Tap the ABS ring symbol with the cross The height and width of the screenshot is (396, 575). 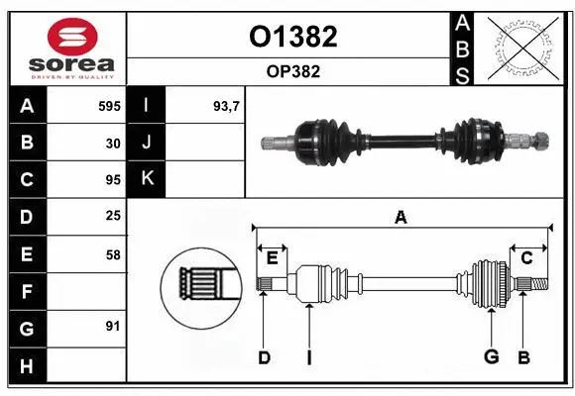point(518,48)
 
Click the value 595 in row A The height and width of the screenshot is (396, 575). point(109,106)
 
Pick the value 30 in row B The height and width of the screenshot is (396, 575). point(113,143)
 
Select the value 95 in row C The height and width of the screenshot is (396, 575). point(113,180)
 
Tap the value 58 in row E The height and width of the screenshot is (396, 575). point(113,254)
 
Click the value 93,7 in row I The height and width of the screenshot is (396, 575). point(227,106)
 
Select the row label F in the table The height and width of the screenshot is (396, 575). point(27,292)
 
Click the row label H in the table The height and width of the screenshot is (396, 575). point(27,366)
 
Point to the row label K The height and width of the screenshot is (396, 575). point(147,180)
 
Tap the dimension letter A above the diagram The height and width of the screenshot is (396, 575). point(401,218)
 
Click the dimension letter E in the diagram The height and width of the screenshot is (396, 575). point(272,258)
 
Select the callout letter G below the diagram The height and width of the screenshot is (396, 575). point(491,357)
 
